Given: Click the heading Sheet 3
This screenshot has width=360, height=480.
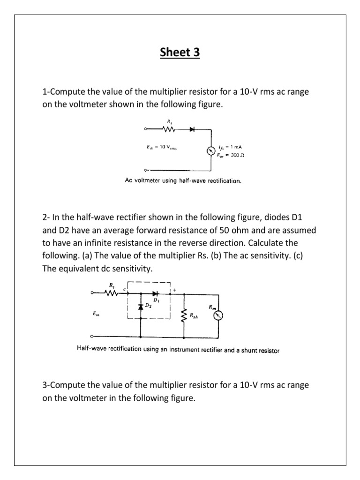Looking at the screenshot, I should [180, 52].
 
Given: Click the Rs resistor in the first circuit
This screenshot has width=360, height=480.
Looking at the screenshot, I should [168, 129].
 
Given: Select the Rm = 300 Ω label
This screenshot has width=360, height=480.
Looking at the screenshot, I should [229, 155].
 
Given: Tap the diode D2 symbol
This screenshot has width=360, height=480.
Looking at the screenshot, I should [141, 307].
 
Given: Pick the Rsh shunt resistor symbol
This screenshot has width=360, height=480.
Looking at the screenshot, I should [184, 315].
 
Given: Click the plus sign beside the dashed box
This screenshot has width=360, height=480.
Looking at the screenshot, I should [175, 290].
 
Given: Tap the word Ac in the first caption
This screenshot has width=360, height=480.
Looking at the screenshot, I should [129, 180].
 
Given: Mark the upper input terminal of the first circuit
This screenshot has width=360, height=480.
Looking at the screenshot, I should [145, 129].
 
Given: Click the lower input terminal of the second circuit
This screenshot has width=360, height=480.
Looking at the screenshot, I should [92, 337].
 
